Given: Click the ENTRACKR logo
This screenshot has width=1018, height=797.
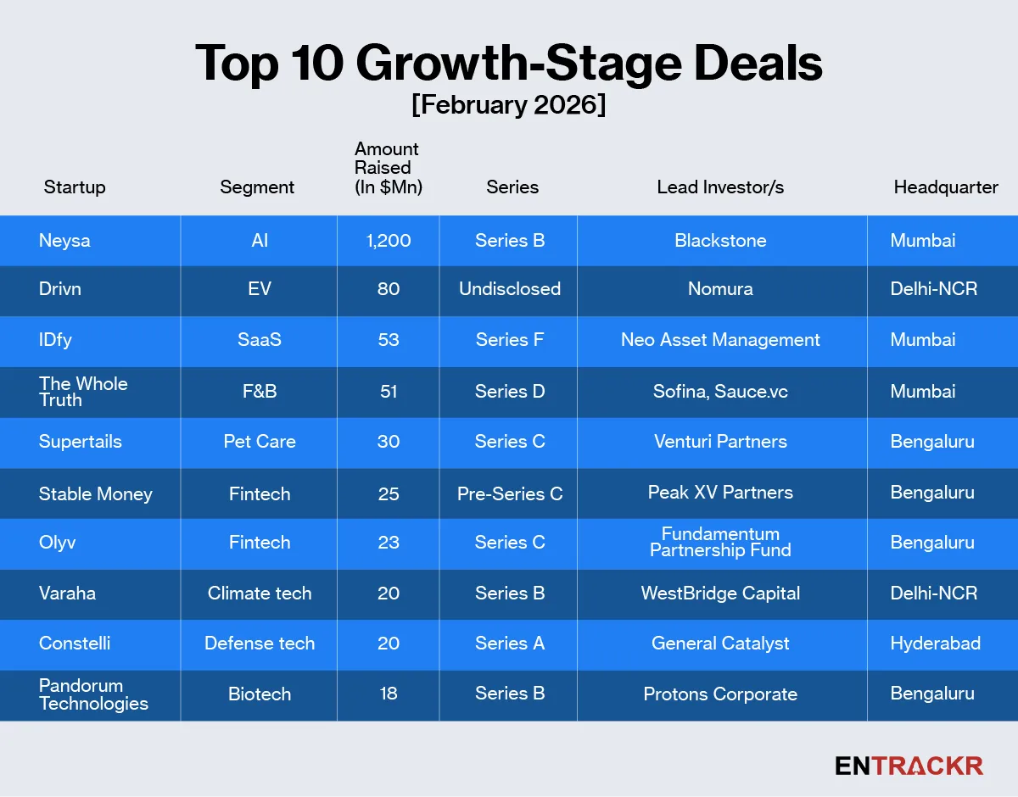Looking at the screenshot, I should (x=909, y=766).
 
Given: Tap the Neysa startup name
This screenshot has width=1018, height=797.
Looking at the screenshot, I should (x=64, y=241).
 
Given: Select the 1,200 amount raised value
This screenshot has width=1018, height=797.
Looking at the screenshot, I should (x=389, y=241).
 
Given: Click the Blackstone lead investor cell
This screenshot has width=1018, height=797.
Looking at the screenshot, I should (x=720, y=241).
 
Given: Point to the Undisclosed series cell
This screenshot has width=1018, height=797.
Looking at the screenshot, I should (x=510, y=289).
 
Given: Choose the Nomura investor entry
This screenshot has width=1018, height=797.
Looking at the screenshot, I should (x=720, y=289).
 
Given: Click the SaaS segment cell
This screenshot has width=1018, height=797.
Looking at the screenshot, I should (x=260, y=340).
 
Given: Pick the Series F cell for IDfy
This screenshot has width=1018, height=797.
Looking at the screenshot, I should (x=510, y=340).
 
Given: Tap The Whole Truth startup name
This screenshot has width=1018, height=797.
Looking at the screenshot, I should (x=83, y=391).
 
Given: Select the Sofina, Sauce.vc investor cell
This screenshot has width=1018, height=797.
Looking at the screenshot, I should (x=720, y=391).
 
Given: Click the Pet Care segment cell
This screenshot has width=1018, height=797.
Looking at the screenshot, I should (x=260, y=442).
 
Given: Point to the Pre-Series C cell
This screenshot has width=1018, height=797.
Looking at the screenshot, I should (x=510, y=493).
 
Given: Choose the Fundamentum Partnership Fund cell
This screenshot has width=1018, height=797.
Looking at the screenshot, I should (x=720, y=542).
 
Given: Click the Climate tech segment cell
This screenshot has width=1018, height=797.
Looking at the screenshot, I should (x=260, y=594).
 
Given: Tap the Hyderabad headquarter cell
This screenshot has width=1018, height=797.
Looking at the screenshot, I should (x=935, y=644).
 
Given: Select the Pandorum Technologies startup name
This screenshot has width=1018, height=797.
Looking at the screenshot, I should (x=93, y=694).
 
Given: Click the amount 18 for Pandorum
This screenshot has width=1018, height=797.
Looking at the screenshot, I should (x=389, y=694).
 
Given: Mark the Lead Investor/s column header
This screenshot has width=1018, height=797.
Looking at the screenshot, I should (x=720, y=187).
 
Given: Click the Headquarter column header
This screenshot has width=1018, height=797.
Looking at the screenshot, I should (x=946, y=187).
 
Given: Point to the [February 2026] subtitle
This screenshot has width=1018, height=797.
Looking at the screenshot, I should (x=508, y=106).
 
